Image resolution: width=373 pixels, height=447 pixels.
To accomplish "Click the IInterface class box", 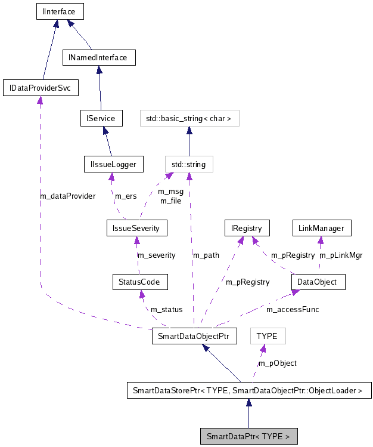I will tap(58, 11).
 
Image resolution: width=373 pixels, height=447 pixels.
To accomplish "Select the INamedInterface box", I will tap(99, 58).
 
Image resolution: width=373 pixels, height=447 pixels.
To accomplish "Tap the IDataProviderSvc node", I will tap(41, 88).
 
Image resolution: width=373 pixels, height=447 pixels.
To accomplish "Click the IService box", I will tap(101, 118).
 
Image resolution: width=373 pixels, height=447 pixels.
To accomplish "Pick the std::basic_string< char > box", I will tap(189, 118).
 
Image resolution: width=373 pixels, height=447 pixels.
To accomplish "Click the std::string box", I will tap(188, 164).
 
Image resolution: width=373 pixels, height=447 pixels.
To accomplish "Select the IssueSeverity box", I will tap(136, 227).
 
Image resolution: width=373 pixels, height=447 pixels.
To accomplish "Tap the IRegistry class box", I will tap(247, 227).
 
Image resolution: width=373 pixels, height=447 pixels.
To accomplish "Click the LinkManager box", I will tap(322, 227).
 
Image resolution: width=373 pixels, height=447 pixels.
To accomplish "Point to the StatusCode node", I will tap(140, 281).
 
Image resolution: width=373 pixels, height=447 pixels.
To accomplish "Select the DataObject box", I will tap(318, 281).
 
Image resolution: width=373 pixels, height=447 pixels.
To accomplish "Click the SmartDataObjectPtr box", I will tap(194, 336).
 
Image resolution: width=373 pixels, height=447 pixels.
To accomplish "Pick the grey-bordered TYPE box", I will tap(267, 336).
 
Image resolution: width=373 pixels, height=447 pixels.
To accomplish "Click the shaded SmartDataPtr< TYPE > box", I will tap(248, 436).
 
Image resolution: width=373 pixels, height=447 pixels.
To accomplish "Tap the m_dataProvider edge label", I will tap(67, 196).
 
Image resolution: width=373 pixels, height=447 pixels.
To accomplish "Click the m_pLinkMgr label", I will tap(341, 255).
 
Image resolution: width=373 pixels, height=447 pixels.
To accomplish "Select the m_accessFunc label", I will tap(293, 309).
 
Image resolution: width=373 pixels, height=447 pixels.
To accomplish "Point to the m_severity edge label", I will tap(157, 255).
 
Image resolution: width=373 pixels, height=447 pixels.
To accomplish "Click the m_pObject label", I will tap(277, 363).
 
